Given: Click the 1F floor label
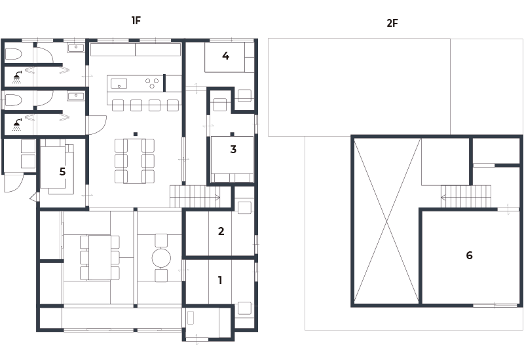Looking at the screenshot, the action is click(136, 20).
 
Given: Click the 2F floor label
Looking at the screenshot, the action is click(392, 23).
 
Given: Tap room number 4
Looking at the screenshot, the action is click(225, 56).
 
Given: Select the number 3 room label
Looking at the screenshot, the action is click(233, 149).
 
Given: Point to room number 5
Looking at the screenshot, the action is click(62, 171).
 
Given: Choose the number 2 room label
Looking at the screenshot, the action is click(221, 231).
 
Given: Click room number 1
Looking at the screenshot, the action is click(220, 280).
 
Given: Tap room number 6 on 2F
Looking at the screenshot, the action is click(469, 255).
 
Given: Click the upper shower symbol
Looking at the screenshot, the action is click(17, 77).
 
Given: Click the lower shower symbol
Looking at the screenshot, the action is click(17, 125).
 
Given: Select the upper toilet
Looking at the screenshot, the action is click(13, 54).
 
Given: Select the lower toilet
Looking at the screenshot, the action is click(13, 100).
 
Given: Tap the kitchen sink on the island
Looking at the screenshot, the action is click(119, 84).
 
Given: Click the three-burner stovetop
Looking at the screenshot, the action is click(152, 83).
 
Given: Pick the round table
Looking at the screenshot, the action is click(161, 258).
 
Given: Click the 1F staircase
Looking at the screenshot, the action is click(195, 196).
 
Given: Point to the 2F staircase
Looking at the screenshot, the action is click(466, 197).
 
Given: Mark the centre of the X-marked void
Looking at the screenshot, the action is click(386, 221).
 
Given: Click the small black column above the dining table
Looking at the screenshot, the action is click(136, 134).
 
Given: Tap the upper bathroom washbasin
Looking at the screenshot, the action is click(76, 48).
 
